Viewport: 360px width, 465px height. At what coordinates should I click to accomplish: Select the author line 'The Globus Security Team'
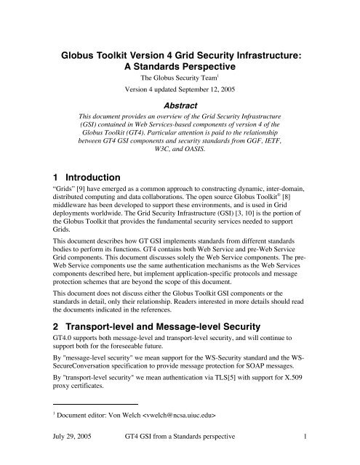pyautogui.click(x=179, y=78)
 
